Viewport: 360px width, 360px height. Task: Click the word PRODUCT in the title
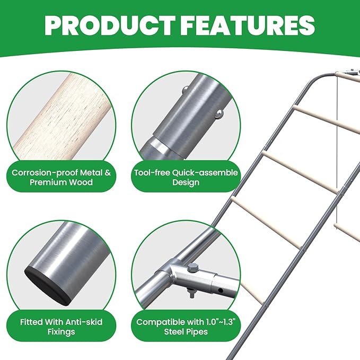click(x=109, y=25)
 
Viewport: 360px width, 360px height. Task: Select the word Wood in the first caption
click(x=81, y=182)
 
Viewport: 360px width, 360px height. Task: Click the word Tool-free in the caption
click(x=152, y=173)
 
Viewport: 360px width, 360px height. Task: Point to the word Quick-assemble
click(x=205, y=173)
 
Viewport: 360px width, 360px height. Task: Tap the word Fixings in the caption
click(x=62, y=332)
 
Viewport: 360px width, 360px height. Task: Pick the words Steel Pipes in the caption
click(x=186, y=332)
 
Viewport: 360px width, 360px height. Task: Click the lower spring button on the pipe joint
click(x=219, y=113)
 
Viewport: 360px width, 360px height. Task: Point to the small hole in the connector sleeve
click(x=221, y=291)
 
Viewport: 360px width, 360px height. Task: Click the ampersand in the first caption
click(x=108, y=173)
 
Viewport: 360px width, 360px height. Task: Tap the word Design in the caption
click(x=186, y=183)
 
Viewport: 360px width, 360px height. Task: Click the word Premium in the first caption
click(x=48, y=182)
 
